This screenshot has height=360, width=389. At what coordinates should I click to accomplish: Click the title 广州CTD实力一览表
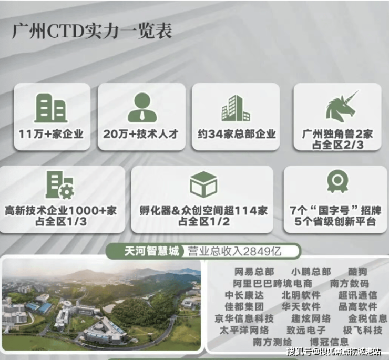click(92, 32)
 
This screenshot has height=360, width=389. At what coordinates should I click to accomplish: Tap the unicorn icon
click(341, 106)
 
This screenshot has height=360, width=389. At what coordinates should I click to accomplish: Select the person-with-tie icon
click(142, 107)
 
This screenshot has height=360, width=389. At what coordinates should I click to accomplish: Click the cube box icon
click(203, 184)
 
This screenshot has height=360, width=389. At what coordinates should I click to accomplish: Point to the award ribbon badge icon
click(337, 181)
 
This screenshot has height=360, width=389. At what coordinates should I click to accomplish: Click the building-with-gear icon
click(60, 185)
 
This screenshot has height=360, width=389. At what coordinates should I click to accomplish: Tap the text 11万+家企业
click(51, 134)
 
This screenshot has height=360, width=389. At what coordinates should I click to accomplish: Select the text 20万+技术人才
click(141, 134)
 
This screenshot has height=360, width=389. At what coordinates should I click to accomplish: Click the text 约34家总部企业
click(237, 134)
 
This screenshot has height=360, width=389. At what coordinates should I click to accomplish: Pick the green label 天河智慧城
click(151, 251)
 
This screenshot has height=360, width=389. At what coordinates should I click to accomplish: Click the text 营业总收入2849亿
click(234, 251)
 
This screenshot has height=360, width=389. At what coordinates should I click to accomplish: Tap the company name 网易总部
click(254, 272)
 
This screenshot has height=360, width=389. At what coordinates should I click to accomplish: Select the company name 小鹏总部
click(311, 272)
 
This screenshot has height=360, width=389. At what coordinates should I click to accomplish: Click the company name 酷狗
click(357, 272)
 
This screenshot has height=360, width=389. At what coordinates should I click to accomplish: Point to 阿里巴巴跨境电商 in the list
click(272, 283)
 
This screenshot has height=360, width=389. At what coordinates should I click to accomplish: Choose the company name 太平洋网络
click(244, 330)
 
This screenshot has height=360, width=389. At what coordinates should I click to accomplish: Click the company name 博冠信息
click(329, 342)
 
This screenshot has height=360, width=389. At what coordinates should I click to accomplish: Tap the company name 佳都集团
click(244, 307)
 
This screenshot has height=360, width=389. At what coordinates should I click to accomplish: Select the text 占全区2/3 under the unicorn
click(337, 145)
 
